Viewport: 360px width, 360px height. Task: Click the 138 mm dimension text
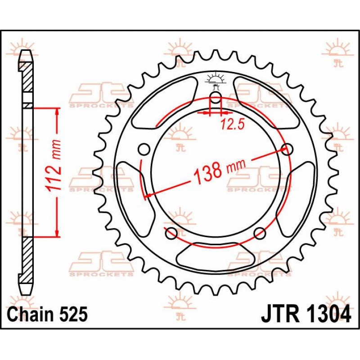(x=220, y=171)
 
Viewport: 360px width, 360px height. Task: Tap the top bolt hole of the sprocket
(x=216, y=97)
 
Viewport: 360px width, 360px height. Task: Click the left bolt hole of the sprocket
(x=144, y=149)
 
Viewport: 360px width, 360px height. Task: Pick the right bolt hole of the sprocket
(x=287, y=149)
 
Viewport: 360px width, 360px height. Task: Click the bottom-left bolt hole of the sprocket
(x=171, y=233)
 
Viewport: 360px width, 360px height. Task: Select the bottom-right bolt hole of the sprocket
(x=260, y=233)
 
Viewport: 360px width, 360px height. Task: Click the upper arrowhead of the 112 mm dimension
(x=57, y=112)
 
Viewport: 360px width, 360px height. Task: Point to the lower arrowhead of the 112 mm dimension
(x=57, y=232)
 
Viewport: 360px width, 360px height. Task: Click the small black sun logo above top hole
(x=216, y=79)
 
